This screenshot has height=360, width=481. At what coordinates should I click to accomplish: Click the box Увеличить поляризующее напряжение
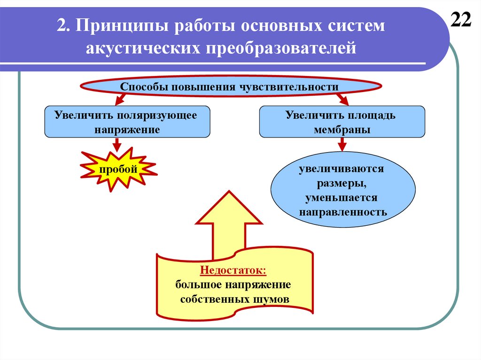pyautogui.click(x=127, y=122)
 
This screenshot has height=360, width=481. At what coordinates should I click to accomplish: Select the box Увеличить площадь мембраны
pyautogui.click(x=342, y=122)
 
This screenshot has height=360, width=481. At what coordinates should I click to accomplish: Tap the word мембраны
pyautogui.click(x=342, y=130)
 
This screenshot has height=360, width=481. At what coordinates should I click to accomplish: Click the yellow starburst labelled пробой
pyautogui.click(x=118, y=169)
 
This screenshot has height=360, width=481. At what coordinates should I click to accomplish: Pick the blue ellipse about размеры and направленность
pyautogui.click(x=343, y=190)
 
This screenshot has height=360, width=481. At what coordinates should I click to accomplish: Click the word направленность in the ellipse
pyautogui.click(x=343, y=212)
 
